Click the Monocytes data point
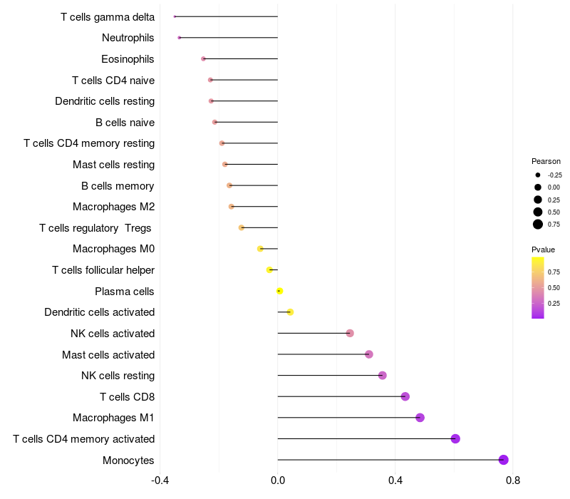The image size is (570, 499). coord(504,460)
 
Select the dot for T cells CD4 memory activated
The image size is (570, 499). coord(455,438)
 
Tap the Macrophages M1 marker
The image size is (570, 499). coord(420,418)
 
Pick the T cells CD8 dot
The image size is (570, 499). coord(405,396)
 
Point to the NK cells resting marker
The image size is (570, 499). coord(383,376)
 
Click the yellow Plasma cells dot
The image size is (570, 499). coord(279,291)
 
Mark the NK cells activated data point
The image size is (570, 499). coord(350,333)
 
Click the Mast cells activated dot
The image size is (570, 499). coord(369,354)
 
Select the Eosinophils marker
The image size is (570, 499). coord(203,58)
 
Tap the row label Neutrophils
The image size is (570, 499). coord(128,38)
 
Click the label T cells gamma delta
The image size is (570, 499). coord(108,16)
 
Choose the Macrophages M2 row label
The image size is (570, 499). coord(113,207)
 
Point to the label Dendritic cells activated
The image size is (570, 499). coord(99,312)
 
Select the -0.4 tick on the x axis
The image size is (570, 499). coord(160,480)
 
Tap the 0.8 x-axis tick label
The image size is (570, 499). coord(512,480)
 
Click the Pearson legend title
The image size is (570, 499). coord(546,161)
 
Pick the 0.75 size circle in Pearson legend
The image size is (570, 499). coord(538,225)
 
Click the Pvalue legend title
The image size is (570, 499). coord(543,249)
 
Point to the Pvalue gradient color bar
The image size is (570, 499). coord(538,287)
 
